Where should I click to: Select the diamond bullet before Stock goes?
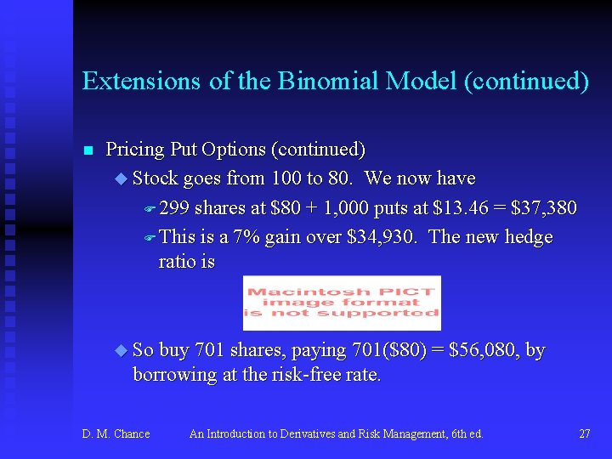[x=119, y=178]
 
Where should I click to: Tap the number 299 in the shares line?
[x=174, y=208]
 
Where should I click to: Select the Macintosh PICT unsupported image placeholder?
[x=342, y=303]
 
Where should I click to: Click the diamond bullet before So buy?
[x=119, y=350]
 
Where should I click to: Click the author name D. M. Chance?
[x=116, y=434]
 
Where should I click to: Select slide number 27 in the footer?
[x=584, y=434]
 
